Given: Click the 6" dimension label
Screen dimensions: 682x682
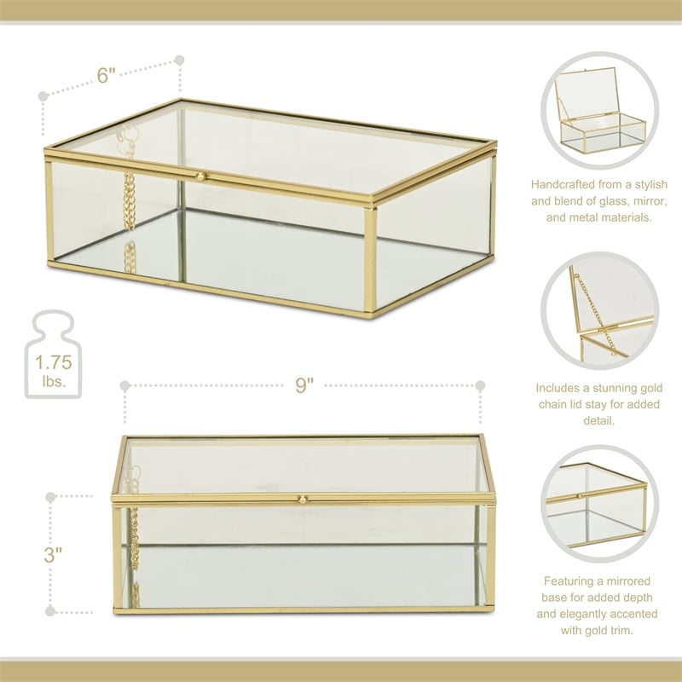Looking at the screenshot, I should (x=107, y=75).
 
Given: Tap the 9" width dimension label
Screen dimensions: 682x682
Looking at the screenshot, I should (x=305, y=385).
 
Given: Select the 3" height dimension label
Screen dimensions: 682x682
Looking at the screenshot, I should (x=53, y=553).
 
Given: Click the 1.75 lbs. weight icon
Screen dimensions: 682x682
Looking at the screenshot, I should (x=53, y=355).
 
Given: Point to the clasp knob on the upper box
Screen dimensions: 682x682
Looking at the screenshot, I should (x=201, y=176).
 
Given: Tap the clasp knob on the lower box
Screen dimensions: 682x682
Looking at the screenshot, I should (x=301, y=499).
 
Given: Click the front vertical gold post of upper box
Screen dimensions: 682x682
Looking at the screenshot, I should (x=370, y=259).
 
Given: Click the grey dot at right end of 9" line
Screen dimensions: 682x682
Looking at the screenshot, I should (x=480, y=385).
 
